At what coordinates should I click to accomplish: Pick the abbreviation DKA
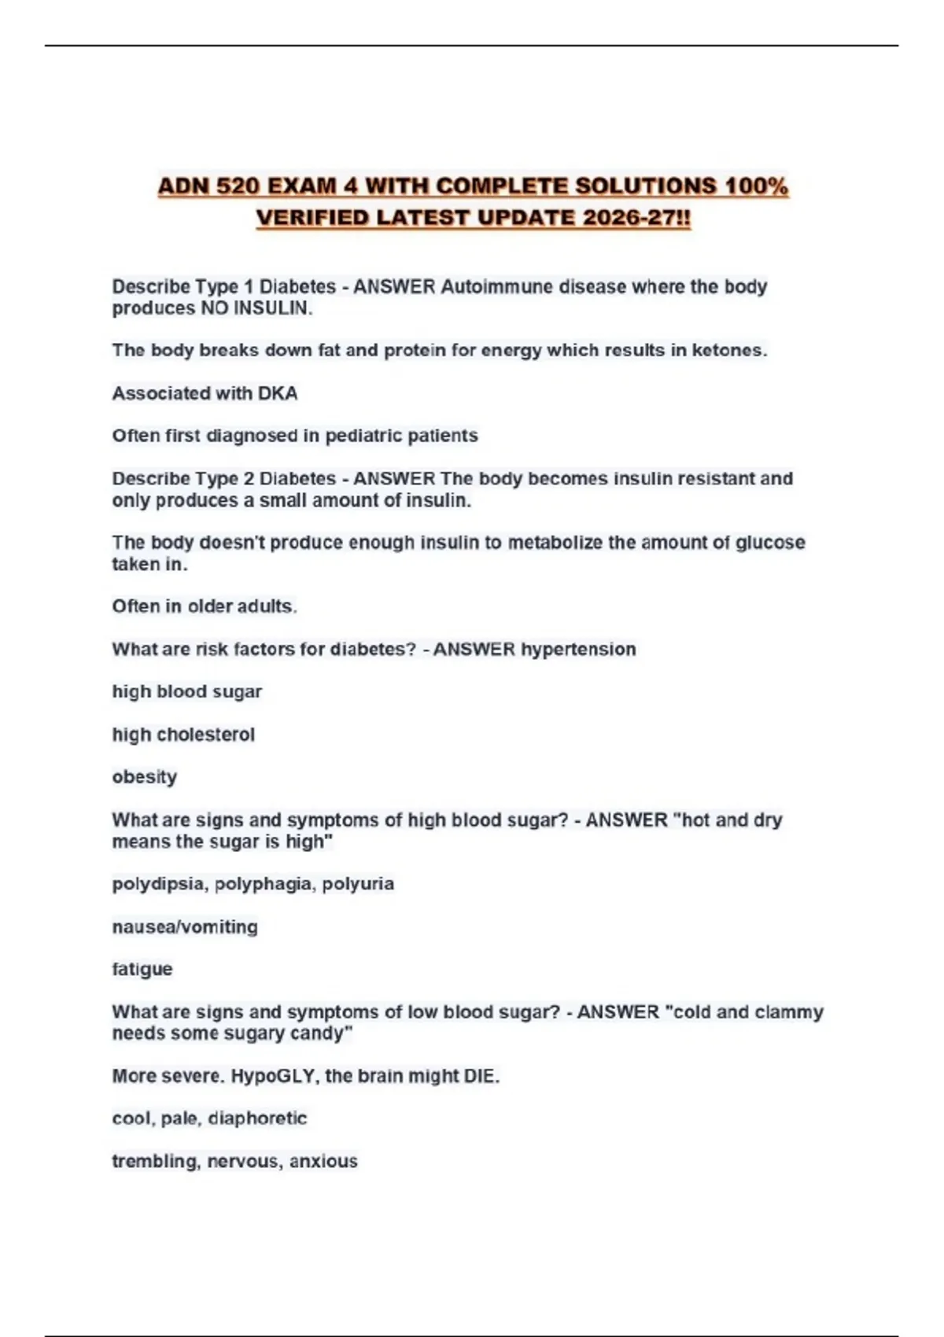(x=277, y=393)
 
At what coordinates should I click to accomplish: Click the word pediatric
(x=363, y=436)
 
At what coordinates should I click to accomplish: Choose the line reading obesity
(x=145, y=777)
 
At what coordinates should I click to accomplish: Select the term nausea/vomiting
(x=185, y=926)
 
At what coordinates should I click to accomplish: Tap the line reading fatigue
(x=142, y=969)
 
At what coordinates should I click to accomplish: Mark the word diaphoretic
(x=257, y=1118)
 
